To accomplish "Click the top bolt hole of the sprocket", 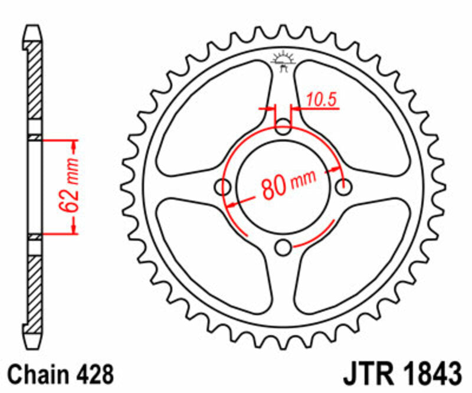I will pos(284,126).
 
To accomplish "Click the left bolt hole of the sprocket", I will pos(223,187).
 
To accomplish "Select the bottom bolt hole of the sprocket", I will pos(284,248).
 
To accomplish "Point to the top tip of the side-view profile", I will pos(34,28).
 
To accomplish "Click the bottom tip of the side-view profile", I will pos(34,346).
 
